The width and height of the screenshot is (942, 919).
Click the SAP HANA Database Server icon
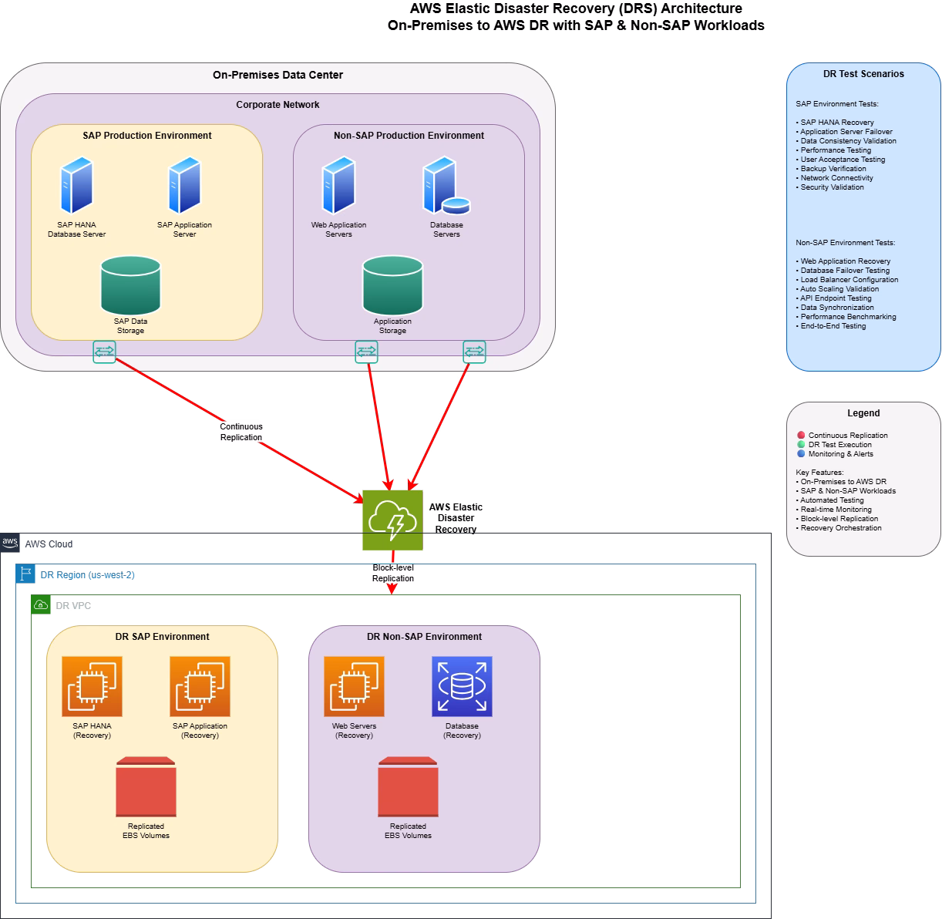(x=77, y=186)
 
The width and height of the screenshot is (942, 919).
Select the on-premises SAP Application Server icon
(x=184, y=186)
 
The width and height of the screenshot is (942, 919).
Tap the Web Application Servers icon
(x=338, y=186)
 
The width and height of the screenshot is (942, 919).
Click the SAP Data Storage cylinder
(x=130, y=286)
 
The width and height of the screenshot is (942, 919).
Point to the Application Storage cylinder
(x=392, y=286)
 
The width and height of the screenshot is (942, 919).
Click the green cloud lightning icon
(x=392, y=520)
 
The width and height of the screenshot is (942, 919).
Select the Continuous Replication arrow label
(x=241, y=432)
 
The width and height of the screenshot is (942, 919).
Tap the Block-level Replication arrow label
(x=393, y=573)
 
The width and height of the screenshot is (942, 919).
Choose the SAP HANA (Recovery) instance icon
(x=92, y=687)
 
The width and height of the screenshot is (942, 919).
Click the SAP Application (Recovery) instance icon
(x=200, y=687)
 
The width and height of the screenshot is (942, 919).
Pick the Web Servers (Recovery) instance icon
(x=354, y=687)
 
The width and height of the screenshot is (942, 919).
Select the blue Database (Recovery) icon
(x=462, y=687)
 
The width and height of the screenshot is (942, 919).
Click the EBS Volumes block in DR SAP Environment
(x=146, y=787)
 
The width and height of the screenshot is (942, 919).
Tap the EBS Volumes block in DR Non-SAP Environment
(x=408, y=787)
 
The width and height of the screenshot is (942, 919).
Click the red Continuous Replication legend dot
(x=801, y=436)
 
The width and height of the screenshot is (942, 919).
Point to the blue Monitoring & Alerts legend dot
(x=801, y=454)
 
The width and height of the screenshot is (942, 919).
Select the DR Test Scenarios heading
(x=863, y=74)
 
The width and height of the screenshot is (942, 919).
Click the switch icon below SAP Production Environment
(x=104, y=352)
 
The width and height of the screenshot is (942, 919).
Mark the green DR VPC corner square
(x=41, y=605)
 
